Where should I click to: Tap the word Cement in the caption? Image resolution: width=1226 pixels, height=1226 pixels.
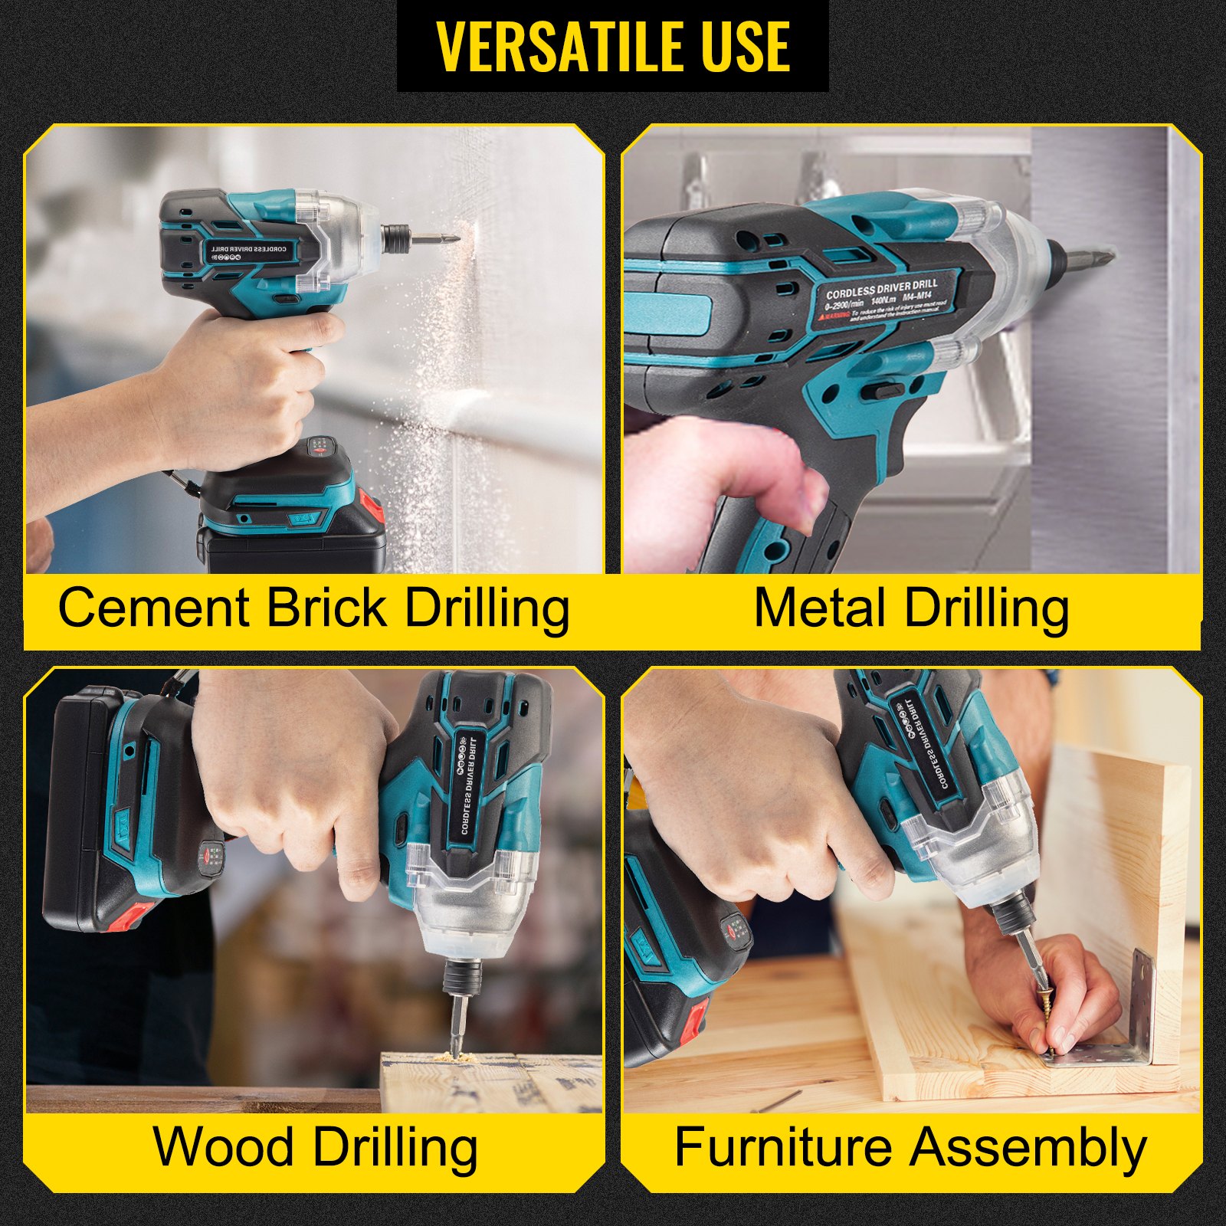click(154, 608)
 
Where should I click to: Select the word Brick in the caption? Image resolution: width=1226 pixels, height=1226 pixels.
click(327, 608)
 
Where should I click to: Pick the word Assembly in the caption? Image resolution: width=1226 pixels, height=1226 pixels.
click(1029, 1147)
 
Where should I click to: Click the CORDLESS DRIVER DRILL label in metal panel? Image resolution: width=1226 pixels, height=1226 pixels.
click(881, 289)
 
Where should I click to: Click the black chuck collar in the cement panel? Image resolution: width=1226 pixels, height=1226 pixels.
click(396, 237)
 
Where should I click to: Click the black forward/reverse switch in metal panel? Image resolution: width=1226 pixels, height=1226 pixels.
click(882, 392)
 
